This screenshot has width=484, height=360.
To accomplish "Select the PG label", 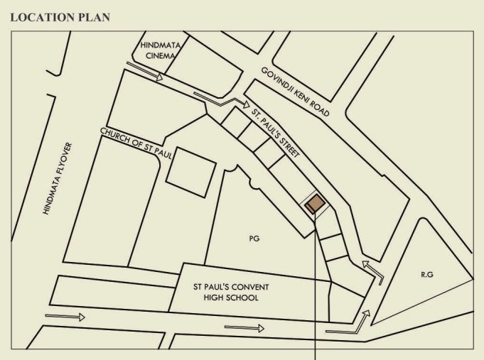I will click(x=254, y=239).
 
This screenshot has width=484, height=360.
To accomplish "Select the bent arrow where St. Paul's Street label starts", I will click(x=220, y=100).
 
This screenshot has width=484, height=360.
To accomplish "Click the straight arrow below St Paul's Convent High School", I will click(x=244, y=328).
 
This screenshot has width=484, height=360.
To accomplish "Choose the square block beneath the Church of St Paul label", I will click(x=190, y=172).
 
